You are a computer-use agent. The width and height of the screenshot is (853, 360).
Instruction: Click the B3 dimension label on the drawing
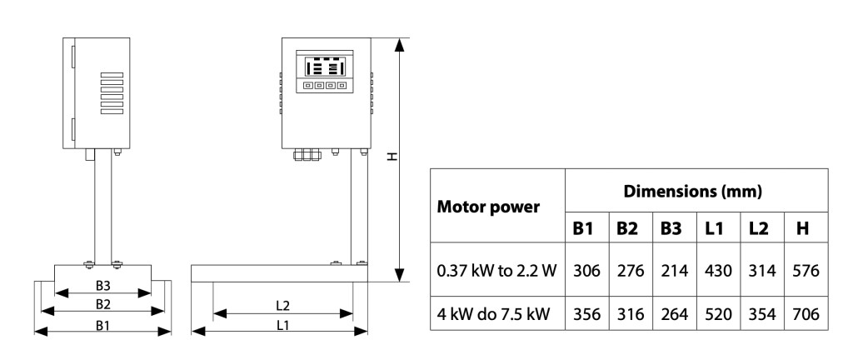103,285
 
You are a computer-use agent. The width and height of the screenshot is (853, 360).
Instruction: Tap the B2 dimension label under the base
103,303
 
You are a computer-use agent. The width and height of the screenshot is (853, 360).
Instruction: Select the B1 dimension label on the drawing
103,324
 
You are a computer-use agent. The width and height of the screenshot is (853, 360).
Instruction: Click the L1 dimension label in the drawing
282,324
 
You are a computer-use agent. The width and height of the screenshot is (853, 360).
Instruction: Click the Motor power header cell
490,205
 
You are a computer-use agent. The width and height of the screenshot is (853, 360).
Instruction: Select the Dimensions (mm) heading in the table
694,192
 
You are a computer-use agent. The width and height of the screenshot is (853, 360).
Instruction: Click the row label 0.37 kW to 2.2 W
497,272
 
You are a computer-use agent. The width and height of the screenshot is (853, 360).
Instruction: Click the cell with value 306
586,272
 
